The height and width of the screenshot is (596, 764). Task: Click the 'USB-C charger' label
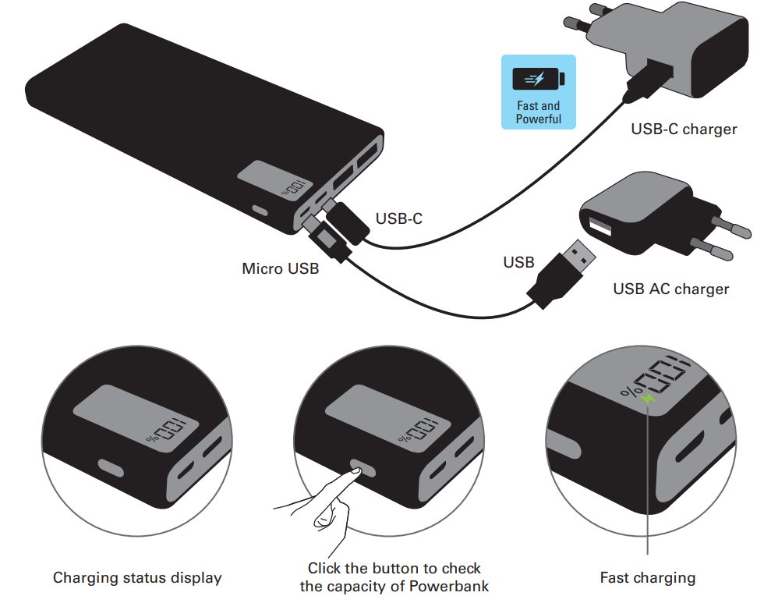[684, 129]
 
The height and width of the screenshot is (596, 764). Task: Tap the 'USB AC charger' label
[670, 289]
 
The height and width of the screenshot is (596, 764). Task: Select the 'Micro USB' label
[280, 269]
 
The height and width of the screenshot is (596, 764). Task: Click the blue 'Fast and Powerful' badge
[538, 91]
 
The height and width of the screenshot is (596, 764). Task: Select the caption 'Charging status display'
[137, 578]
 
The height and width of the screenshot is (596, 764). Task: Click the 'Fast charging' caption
[647, 578]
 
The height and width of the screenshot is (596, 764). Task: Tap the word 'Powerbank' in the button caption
[453, 586]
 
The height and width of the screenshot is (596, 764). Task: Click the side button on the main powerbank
[259, 211]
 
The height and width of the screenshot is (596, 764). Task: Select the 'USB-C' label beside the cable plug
[398, 218]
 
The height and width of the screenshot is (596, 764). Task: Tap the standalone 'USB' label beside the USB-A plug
[518, 262]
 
